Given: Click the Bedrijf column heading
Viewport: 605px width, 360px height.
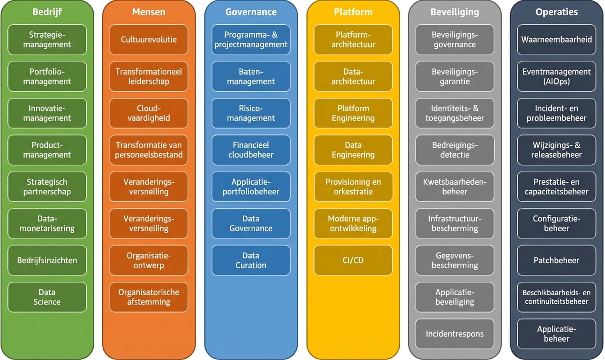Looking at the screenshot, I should [47, 12].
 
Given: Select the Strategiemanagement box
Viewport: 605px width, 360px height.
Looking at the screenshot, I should [47, 40].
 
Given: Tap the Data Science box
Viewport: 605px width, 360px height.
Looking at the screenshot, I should [47, 297].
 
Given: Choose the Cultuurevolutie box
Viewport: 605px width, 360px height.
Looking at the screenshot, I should [149, 40].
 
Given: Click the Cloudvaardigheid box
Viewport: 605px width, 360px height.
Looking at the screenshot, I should [149, 113].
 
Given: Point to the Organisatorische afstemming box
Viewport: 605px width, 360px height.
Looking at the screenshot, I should [149, 297].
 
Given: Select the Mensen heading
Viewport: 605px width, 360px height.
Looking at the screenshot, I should [149, 12].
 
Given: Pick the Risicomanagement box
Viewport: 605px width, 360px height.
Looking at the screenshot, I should [251, 113].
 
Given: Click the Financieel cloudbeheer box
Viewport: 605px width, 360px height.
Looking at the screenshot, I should [251, 150].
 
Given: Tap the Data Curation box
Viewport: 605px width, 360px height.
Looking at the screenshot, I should [251, 260].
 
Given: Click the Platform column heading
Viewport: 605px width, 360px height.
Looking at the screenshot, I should [353, 12].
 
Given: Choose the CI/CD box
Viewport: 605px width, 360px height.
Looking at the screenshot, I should [353, 260].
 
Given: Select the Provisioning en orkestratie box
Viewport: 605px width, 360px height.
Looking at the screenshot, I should [353, 187].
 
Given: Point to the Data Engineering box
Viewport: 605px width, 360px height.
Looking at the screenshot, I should [353, 150].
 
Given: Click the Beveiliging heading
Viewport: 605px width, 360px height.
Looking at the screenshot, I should [455, 12].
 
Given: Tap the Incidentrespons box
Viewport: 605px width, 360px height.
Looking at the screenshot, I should [455, 334].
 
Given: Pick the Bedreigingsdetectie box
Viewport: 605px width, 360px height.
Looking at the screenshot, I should [455, 150].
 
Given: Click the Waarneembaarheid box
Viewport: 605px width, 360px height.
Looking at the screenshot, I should [556, 40].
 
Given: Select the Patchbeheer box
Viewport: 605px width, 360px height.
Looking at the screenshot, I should [556, 260].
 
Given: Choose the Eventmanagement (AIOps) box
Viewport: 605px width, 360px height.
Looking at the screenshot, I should [556, 76].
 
